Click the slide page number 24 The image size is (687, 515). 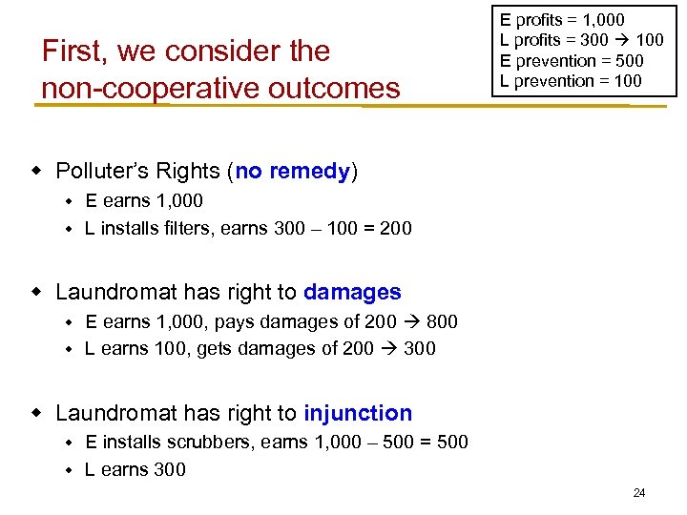coord(639,493)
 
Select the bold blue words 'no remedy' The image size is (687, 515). coord(293,172)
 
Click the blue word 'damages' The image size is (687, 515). coord(352,292)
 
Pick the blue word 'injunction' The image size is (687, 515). coord(358,413)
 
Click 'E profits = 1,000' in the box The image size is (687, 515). coord(562,20)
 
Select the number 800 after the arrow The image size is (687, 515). coord(442,322)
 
